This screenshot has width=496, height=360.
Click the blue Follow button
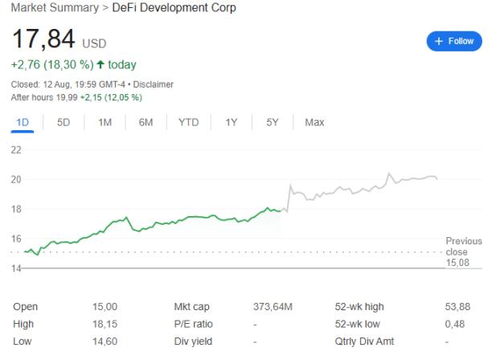pos(454,40)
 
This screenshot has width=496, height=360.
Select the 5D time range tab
pos(63,122)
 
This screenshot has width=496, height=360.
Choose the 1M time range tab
pos(105,122)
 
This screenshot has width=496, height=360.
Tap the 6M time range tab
pos(146,122)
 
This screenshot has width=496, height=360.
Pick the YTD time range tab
pos(189,122)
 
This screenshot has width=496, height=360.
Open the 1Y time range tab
pos(232,122)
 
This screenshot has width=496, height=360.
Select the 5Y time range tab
pos(273,122)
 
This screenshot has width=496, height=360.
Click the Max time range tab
pos(314,122)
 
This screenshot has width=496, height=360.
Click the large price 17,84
pos(43,38)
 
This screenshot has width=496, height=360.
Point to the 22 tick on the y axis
pos(16,149)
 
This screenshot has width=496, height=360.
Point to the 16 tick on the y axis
pos(16,238)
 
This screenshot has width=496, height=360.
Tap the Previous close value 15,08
pos(457,261)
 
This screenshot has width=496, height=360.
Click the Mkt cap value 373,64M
pos(273,306)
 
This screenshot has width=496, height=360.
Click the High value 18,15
pos(105,324)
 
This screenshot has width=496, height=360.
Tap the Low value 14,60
pos(105,342)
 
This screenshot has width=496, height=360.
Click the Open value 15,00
pos(105,306)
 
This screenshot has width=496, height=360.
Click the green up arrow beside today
pos(100,64)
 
